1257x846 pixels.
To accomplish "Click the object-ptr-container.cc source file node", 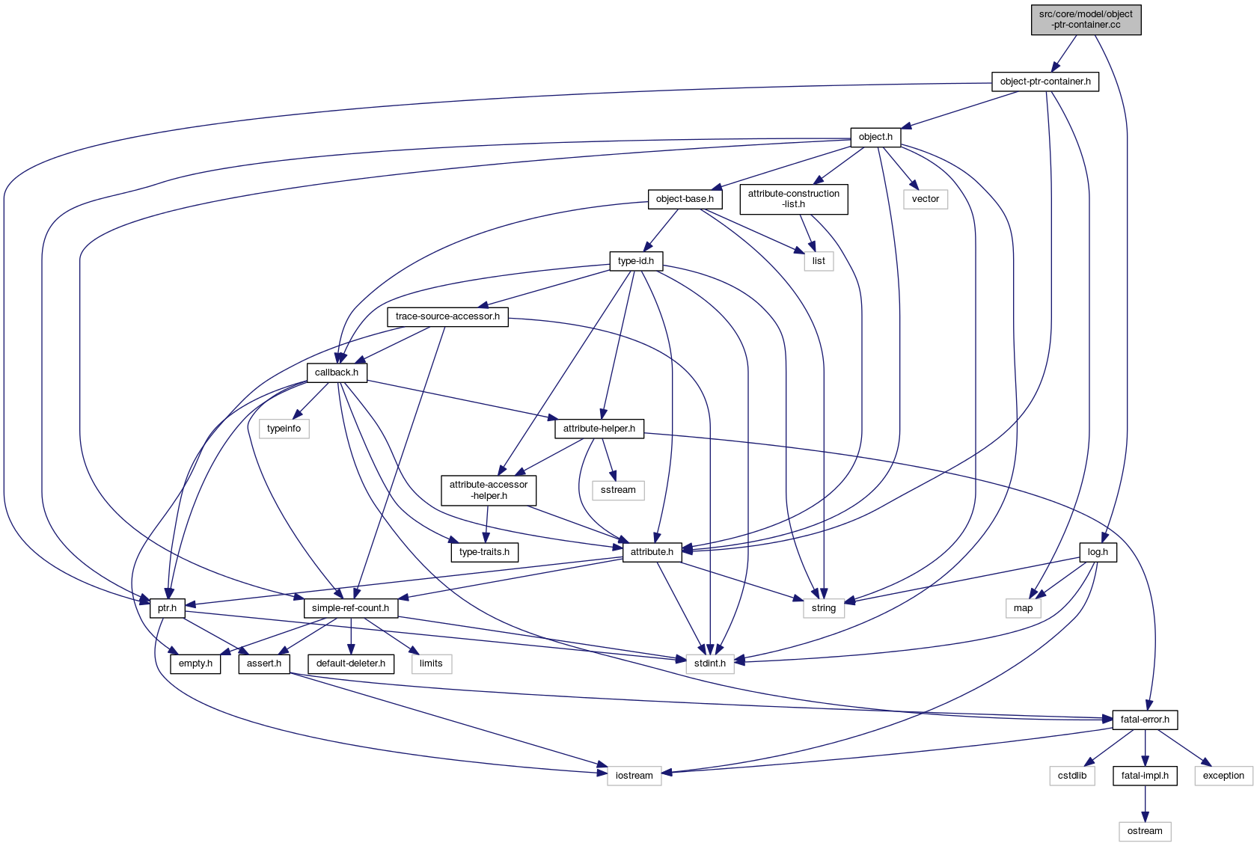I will point(1086,19).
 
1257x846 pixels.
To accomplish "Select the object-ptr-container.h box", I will point(1045,82).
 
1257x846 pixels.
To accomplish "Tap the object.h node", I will point(875,137).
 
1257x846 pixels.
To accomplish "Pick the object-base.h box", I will point(684,199).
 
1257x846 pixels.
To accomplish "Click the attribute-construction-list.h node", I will point(793,199).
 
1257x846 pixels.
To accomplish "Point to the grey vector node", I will point(925,199).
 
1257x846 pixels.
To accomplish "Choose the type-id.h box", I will point(635,261).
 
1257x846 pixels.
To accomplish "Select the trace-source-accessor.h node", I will point(447,316).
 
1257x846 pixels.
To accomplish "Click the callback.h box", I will point(336,373).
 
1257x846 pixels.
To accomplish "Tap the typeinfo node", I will point(284,429).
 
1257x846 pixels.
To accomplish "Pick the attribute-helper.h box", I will point(599,429).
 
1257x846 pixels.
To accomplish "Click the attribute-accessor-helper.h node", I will point(488,490).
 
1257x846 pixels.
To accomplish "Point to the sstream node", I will point(618,490).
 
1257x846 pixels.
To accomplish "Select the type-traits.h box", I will point(484,552).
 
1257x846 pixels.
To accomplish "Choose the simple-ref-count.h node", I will point(350,608).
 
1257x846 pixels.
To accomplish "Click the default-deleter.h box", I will point(350,663).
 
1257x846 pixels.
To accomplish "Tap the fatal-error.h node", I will point(1144,720).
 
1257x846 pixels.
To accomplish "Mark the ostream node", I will point(1144,831).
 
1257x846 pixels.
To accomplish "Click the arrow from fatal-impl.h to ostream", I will point(1144,803).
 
